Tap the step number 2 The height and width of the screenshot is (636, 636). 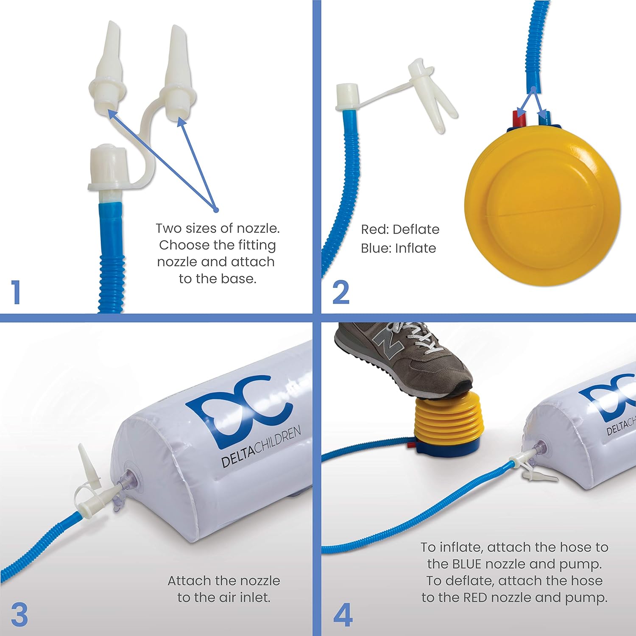tap(341, 292)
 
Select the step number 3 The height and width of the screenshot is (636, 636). tap(20, 614)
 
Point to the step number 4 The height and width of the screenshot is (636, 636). tap(343, 615)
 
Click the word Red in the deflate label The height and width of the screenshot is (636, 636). tap(374, 229)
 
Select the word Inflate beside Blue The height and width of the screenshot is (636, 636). tap(416, 248)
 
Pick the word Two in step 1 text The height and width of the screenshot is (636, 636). tap(168, 229)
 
